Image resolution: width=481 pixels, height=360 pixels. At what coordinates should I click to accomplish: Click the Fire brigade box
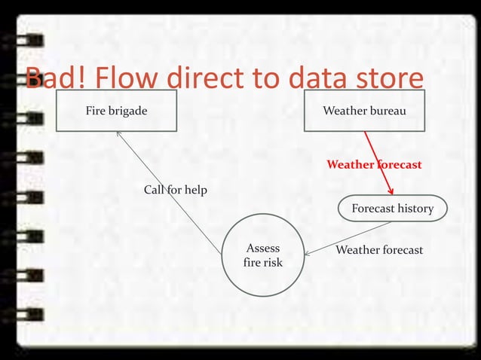tap(116, 111)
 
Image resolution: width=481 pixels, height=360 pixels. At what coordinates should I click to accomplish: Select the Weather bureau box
tap(364, 111)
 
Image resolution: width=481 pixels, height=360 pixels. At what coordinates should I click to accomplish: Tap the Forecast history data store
tap(392, 209)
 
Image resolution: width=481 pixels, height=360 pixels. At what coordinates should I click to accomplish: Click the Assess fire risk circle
tap(262, 255)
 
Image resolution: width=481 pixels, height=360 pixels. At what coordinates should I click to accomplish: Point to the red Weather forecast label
tap(373, 164)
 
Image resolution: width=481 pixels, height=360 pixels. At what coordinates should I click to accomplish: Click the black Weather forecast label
tap(378, 249)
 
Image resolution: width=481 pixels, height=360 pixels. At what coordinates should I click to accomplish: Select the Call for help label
tap(175, 190)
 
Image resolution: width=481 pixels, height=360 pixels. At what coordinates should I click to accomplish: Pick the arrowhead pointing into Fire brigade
tap(118, 133)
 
